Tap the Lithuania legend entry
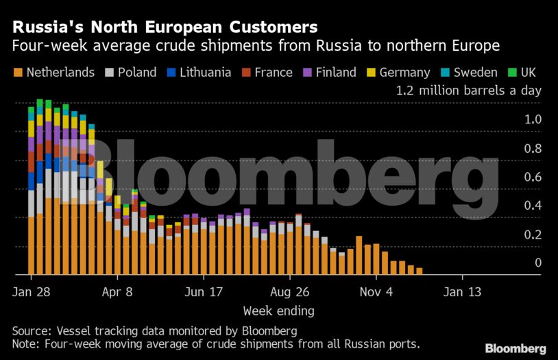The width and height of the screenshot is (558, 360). [204, 73]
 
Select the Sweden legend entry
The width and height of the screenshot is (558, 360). [472, 73]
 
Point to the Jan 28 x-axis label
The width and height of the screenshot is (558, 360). [32, 292]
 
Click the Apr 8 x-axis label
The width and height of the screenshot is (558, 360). [118, 292]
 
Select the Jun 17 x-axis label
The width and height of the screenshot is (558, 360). [204, 292]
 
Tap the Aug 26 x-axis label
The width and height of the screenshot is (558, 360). [291, 292]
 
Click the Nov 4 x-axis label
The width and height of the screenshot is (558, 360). [377, 292]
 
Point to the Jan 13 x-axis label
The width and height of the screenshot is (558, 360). [463, 292]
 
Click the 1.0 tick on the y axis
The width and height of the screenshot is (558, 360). [533, 119]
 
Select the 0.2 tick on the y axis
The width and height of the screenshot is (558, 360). [533, 235]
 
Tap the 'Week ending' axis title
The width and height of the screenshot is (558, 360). [278, 311]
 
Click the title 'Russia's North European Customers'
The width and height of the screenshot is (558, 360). [165, 27]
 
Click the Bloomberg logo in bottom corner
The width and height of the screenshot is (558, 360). [515, 348]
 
